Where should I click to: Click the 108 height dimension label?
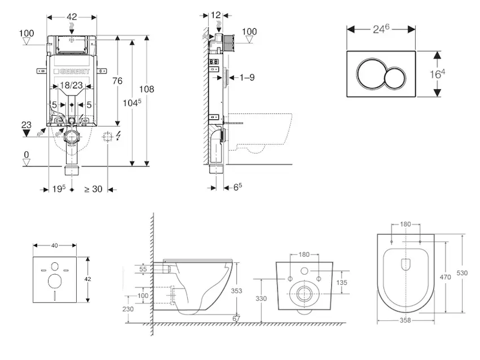point(146,89)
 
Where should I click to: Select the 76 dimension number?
point(118,82)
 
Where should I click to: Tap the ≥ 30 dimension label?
point(93,190)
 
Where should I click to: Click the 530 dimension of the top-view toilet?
point(462,273)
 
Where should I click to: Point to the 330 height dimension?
point(260,298)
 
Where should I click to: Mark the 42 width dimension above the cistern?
point(71,17)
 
